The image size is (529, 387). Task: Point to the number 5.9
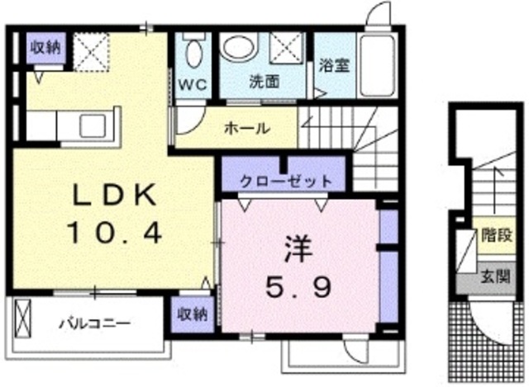(298, 287)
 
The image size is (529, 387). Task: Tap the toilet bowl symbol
(193, 54)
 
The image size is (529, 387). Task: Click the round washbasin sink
(244, 50)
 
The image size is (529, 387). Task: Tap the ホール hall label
(246, 128)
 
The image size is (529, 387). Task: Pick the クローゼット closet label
(286, 181)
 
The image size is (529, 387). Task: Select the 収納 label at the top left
(45, 47)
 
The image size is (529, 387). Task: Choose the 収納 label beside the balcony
(193, 315)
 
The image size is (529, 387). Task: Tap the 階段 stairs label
(493, 234)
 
